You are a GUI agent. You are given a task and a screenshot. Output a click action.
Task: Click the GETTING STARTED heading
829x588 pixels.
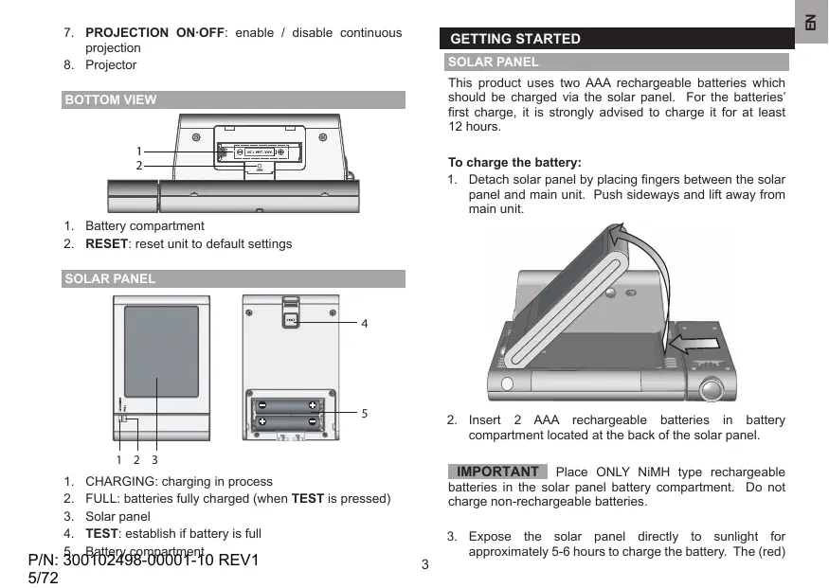click(x=515, y=39)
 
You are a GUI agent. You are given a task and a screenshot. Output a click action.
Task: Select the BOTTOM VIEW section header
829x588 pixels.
click(x=110, y=99)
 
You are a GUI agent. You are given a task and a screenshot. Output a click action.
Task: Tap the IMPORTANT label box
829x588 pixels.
click(x=496, y=472)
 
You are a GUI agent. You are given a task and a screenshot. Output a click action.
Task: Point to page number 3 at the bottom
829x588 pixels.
click(x=425, y=566)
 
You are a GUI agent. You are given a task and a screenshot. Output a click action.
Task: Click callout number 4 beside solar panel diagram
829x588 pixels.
click(x=364, y=322)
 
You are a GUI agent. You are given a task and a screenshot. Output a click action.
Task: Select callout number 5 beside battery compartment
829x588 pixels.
click(x=364, y=414)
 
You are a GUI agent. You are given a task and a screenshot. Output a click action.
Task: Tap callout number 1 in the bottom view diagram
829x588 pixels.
click(x=138, y=151)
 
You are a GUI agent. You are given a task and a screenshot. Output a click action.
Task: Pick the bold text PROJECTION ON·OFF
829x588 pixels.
click(x=155, y=33)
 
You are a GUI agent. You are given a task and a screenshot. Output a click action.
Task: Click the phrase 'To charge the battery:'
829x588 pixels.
click(x=514, y=162)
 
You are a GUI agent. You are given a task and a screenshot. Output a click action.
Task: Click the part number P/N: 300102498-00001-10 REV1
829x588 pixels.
click(x=144, y=560)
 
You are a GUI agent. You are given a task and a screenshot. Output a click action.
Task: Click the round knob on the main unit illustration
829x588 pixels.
click(x=712, y=388)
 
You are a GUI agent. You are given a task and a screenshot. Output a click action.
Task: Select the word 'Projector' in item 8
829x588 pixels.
click(x=111, y=65)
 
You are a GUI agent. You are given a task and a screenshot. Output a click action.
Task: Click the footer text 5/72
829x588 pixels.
click(x=44, y=577)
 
